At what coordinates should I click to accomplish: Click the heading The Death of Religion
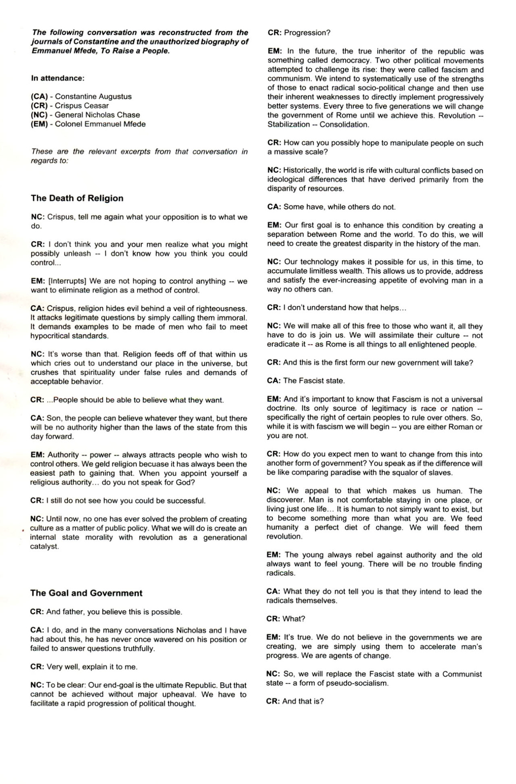pyautogui.click(x=77, y=198)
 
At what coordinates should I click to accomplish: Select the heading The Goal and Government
pyautogui.click(x=86, y=593)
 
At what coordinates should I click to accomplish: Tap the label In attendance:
pyautogui.click(x=58, y=78)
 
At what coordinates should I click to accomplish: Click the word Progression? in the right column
pyautogui.click(x=307, y=33)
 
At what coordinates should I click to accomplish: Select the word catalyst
pyautogui.click(x=45, y=546)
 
